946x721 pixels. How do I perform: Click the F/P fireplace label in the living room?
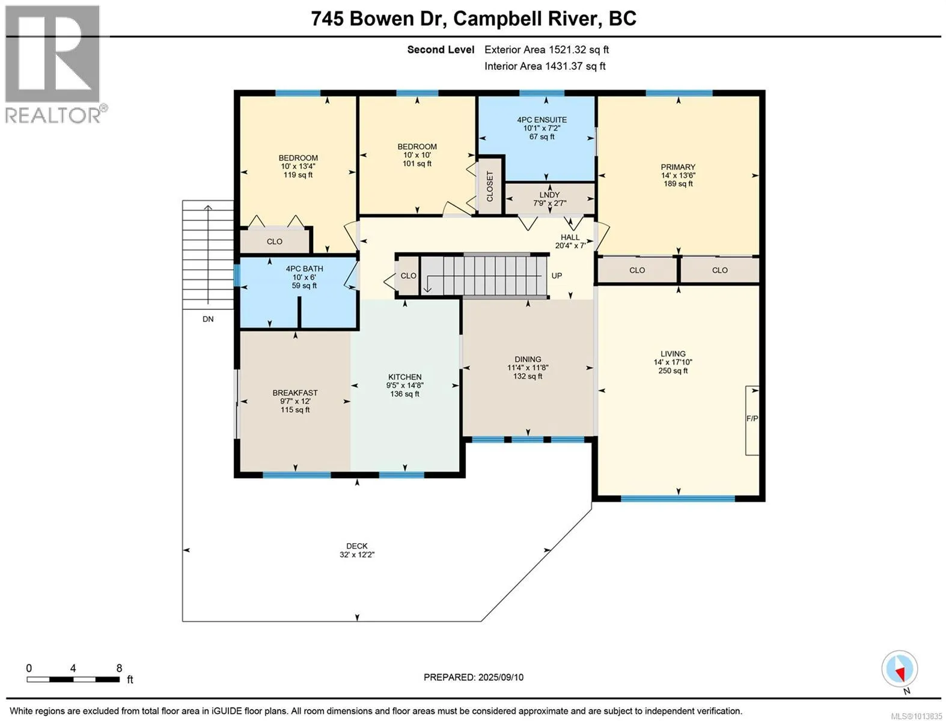pyautogui.click(x=752, y=418)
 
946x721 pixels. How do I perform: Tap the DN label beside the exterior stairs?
pyautogui.click(x=208, y=319)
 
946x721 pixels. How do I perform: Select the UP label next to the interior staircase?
pyautogui.click(x=557, y=276)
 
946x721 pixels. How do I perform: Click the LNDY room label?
pyautogui.click(x=549, y=195)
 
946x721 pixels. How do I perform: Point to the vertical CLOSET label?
pyautogui.click(x=490, y=186)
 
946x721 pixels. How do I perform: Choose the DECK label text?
pyautogui.click(x=357, y=546)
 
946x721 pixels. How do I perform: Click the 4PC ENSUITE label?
pyautogui.click(x=542, y=120)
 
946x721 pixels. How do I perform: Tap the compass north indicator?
pyautogui.click(x=900, y=669)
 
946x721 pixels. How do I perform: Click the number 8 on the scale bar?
pyautogui.click(x=120, y=668)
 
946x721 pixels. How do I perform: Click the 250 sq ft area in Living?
pyautogui.click(x=673, y=370)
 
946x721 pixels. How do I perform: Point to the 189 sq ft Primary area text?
pyautogui.click(x=679, y=183)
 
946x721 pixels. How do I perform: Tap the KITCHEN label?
pyautogui.click(x=404, y=377)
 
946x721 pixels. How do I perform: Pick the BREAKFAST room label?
pyautogui.click(x=295, y=393)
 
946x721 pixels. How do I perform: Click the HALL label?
pyautogui.click(x=570, y=237)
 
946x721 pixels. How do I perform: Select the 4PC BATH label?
pyautogui.click(x=304, y=269)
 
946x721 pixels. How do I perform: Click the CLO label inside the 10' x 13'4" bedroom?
pyautogui.click(x=275, y=242)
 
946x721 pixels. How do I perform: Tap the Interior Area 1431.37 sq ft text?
pyautogui.click(x=545, y=66)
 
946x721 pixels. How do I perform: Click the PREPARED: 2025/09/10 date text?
pyautogui.click(x=474, y=677)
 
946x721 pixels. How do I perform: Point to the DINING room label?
pyautogui.click(x=528, y=359)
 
